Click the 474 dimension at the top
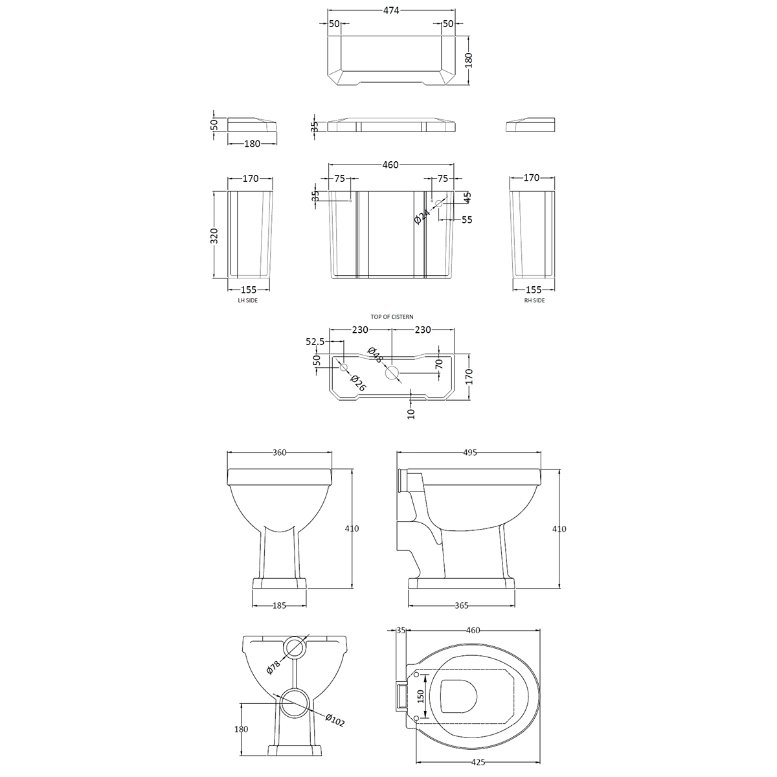[390, 10]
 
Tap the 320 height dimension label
[214, 236]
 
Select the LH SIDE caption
[247, 300]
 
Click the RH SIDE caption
[534, 300]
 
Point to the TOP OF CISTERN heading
[392, 317]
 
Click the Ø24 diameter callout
[422, 216]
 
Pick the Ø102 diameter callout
[335, 720]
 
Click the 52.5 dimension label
[315, 341]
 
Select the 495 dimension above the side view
[469, 453]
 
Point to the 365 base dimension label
[461, 605]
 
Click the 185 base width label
[279, 605]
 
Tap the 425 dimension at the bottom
[478, 763]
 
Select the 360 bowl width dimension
[279, 453]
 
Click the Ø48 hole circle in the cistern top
[392, 373]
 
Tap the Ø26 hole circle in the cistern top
[344, 367]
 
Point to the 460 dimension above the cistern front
[390, 164]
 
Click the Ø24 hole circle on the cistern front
[439, 203]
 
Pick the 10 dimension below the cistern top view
[411, 414]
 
